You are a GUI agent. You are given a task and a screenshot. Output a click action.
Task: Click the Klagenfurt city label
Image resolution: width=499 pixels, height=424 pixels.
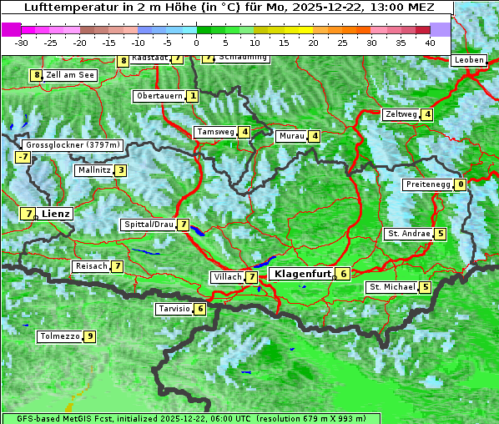coord(302,274)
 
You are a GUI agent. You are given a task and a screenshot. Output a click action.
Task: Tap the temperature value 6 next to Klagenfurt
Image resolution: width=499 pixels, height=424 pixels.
coord(343,274)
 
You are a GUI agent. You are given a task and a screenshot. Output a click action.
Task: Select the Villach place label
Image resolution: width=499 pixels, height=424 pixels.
coord(226,277)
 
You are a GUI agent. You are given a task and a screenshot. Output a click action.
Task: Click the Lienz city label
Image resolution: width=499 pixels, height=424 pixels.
coord(57,214)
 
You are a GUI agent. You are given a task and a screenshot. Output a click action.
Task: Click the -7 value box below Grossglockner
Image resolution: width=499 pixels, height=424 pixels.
coord(23,157)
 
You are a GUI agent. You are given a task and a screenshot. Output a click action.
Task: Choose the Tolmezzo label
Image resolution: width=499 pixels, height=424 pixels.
coord(59,337)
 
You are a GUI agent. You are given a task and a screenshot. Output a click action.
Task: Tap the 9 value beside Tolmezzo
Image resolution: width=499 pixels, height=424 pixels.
coord(89,337)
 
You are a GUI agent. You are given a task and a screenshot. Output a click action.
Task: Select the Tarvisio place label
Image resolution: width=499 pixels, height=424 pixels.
coord(174,309)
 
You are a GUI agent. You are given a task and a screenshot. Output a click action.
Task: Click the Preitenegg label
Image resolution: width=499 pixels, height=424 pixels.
coord(427,184)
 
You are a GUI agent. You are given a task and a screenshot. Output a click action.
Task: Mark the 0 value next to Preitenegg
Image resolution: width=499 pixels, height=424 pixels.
coord(460,184)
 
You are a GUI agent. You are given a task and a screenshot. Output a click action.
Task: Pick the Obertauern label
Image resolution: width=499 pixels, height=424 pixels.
coord(159,96)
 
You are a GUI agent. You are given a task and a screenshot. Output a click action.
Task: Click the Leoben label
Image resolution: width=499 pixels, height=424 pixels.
coord(469,60)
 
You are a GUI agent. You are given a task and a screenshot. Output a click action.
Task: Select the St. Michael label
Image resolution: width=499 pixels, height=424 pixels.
coord(392,287)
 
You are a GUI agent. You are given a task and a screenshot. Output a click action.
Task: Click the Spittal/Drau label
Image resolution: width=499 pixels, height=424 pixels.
coord(149,225)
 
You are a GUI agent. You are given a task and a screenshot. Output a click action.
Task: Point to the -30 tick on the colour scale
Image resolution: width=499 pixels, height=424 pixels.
coord(22,42)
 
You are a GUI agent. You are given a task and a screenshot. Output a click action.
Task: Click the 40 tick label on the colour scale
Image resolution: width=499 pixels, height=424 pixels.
coord(430,42)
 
